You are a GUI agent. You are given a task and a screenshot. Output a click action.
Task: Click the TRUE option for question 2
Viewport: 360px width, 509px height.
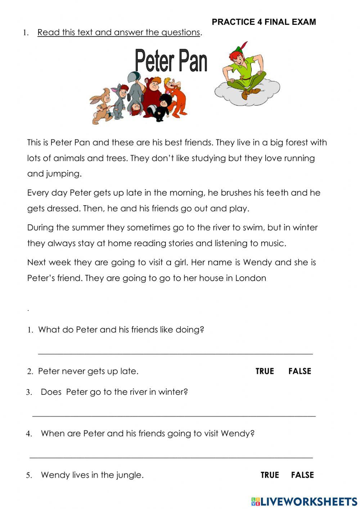click(x=265, y=371)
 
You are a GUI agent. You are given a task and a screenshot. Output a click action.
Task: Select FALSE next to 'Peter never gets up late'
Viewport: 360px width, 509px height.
click(x=300, y=371)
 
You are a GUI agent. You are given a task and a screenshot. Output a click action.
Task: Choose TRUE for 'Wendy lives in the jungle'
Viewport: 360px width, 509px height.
click(x=270, y=475)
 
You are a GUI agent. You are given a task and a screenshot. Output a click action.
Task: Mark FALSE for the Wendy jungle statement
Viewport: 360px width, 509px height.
click(x=302, y=475)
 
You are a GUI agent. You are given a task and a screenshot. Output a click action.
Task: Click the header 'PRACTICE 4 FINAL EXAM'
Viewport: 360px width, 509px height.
click(x=264, y=22)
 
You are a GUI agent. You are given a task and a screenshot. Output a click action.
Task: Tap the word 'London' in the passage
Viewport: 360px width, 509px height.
click(x=251, y=278)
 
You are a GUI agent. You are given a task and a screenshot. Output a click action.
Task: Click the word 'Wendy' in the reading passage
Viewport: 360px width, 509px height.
click(x=257, y=262)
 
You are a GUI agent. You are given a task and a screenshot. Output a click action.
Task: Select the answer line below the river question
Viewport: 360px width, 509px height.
click(x=174, y=416)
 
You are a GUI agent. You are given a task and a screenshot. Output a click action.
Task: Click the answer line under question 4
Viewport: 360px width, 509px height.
click(x=171, y=457)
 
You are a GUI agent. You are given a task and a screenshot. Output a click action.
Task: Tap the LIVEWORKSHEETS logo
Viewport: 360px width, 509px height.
click(x=304, y=501)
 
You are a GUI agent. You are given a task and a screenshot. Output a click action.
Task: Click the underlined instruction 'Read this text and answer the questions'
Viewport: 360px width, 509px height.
click(x=118, y=32)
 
